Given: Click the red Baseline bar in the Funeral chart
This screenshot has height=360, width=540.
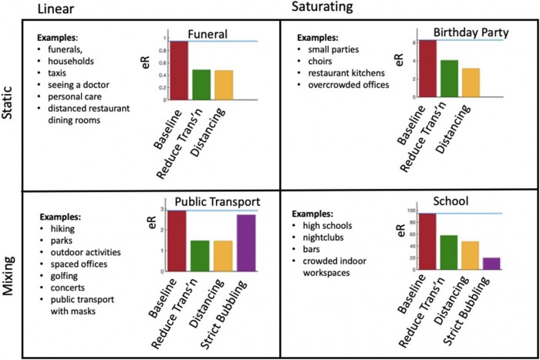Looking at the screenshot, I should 179,70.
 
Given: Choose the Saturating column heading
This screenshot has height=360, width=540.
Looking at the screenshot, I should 322,8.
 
